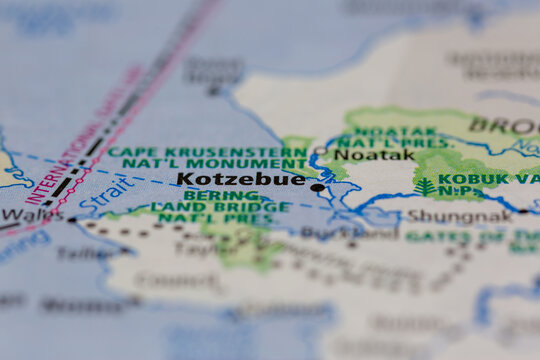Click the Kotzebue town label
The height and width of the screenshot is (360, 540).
(240, 180)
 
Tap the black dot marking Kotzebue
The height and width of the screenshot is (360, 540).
(317, 187)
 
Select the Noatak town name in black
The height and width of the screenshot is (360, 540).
(374, 155)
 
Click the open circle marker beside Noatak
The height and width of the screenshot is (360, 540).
(321, 153)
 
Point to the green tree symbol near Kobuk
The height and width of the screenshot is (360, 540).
(425, 187)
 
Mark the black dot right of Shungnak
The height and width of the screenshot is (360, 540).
(522, 212)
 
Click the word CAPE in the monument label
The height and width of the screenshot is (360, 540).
(127, 153)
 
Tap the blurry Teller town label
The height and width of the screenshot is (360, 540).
(84, 253)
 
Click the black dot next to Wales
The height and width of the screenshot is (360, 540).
(71, 219)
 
